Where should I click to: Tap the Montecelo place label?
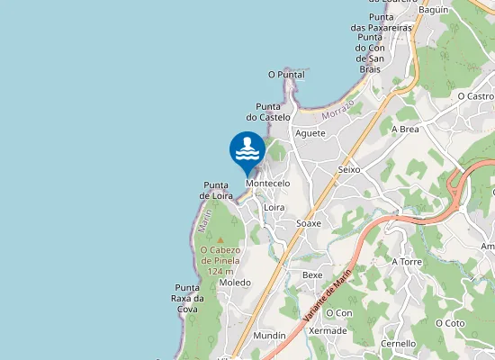click(x=267, y=184)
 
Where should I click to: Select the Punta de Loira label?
click(x=217, y=190)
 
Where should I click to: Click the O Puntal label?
click(x=286, y=75)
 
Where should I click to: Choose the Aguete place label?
click(x=310, y=133)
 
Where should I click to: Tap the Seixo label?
click(x=349, y=170)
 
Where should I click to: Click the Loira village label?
click(x=274, y=208)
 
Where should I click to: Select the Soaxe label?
click(x=310, y=223)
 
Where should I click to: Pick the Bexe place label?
click(x=312, y=275)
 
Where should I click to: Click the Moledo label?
click(x=235, y=283)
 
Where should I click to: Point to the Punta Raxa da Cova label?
click(x=187, y=298)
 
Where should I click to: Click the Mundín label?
click(x=269, y=336)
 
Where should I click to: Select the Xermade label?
click(x=328, y=331)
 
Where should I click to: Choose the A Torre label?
click(x=407, y=262)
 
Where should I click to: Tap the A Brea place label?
click(x=405, y=130)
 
